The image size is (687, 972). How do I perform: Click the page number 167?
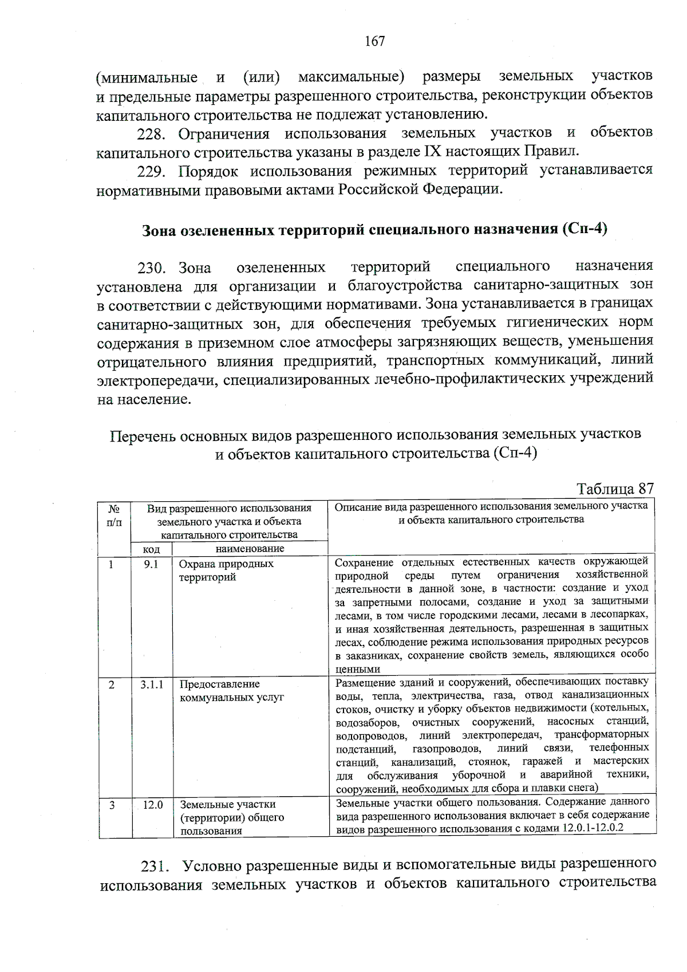[x=374, y=41]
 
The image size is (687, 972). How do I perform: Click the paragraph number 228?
[x=151, y=134]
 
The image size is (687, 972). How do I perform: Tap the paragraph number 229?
[x=151, y=171]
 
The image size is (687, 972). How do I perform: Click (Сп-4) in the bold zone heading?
[x=585, y=229]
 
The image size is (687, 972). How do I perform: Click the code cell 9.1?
[x=151, y=564]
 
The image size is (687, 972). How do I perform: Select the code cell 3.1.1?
[x=152, y=684]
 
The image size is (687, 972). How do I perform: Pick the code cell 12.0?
[x=152, y=805]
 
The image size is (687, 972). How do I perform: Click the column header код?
[x=151, y=549]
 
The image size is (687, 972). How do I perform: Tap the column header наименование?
[x=250, y=549]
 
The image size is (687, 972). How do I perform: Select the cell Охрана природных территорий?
[x=226, y=570]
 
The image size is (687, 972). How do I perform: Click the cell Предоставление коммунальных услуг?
[x=231, y=691]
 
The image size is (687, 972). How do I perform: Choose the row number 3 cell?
[x=113, y=805]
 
